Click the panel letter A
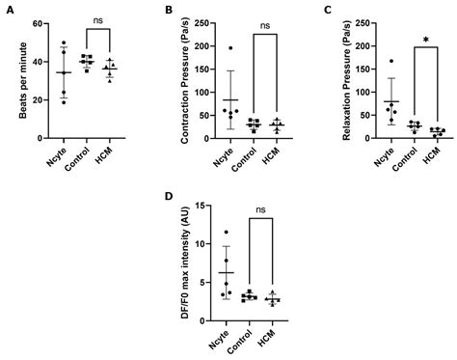(9, 11)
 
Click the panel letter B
(166, 11)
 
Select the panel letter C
(328, 11)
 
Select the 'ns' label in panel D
(261, 208)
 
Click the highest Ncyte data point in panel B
(230, 47)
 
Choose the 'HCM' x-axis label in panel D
(275, 340)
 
